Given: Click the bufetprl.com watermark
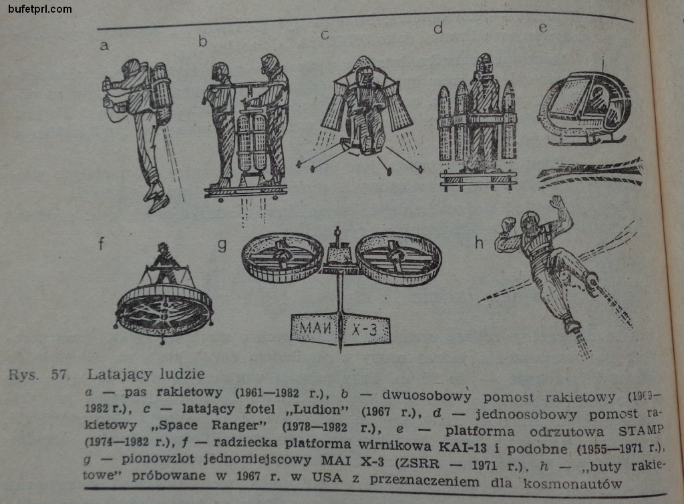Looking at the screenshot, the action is tap(39, 9).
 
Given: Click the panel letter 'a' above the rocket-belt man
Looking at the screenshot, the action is tap(104, 45).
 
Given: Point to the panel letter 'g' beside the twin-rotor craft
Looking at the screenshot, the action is tap(222, 245).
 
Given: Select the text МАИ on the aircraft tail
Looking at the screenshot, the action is tap(315, 328).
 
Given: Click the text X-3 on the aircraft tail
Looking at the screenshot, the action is tap(364, 330).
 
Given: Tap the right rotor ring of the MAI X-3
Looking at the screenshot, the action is tap(398, 258).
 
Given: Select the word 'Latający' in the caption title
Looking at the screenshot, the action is tap(120, 374).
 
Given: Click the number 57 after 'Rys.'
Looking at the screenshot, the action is tap(60, 375).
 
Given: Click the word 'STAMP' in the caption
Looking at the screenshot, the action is tap(641, 430).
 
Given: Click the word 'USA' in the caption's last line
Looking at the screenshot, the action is tap(327, 477).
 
